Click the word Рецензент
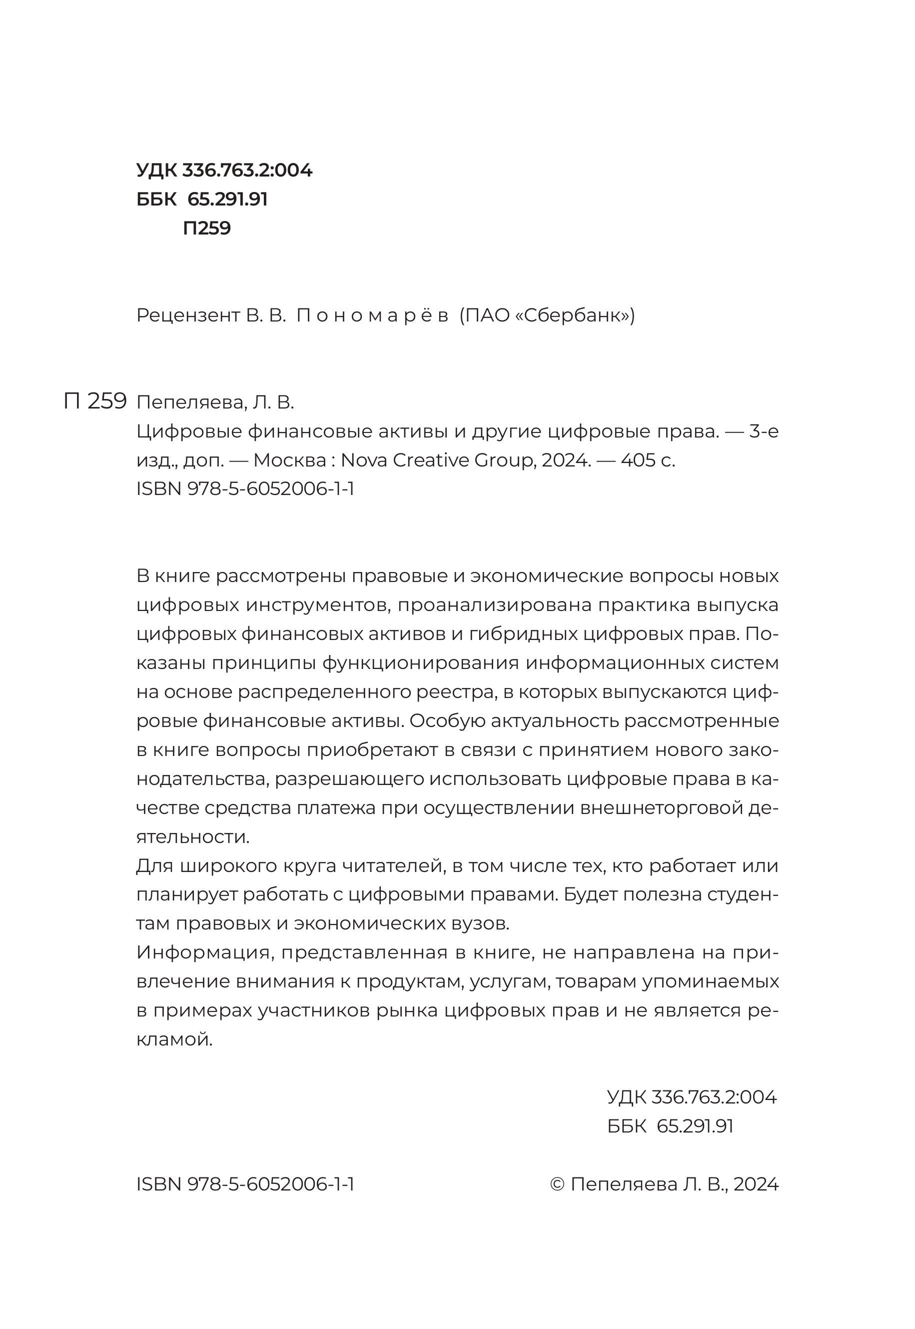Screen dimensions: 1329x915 [188, 315]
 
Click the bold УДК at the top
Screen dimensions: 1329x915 [156, 170]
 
